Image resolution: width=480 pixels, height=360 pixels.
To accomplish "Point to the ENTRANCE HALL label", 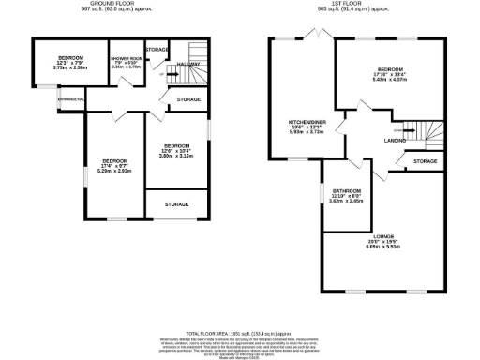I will point(71,97).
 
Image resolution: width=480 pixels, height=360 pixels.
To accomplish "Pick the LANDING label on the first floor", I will point(395,140).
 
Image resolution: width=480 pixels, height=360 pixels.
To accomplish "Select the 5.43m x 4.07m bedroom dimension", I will point(389,80).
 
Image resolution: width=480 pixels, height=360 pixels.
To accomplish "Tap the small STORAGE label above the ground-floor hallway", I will point(157,49).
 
